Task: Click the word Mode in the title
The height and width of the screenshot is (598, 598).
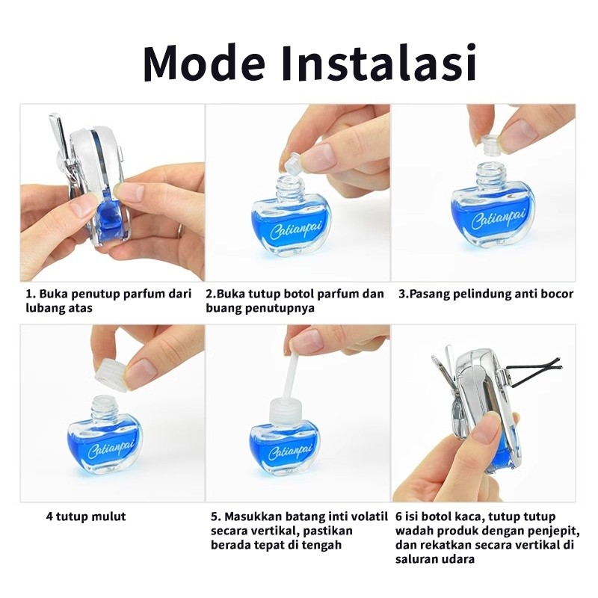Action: point(204,63)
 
